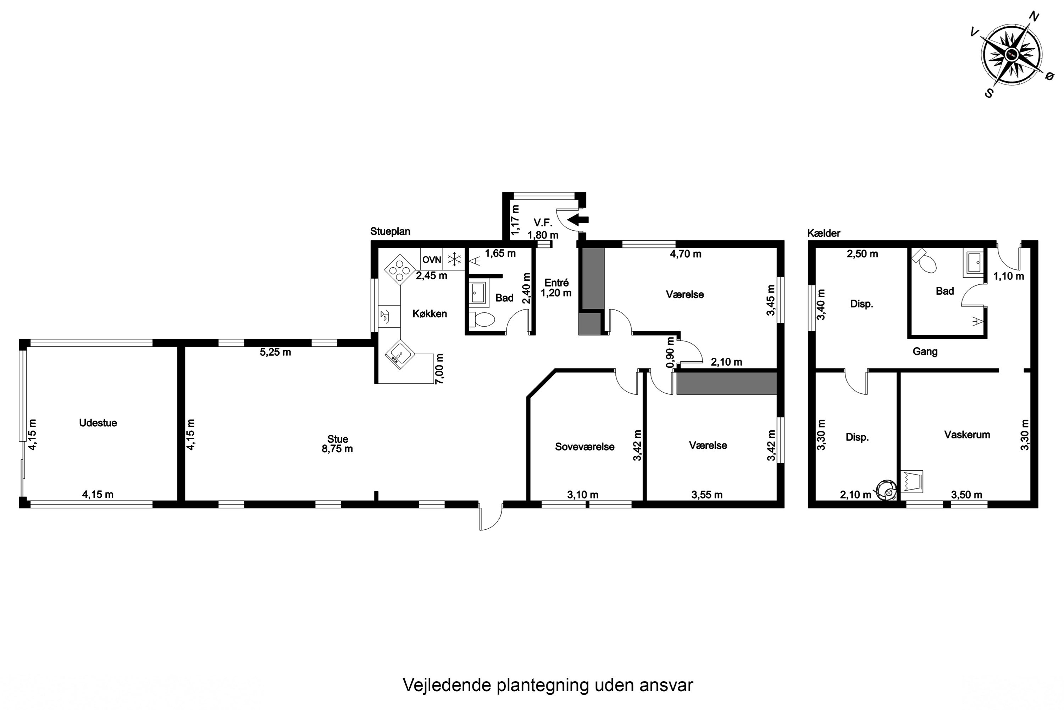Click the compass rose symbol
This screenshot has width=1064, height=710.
coord(1012,55)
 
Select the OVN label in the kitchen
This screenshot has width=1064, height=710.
coord(432,260)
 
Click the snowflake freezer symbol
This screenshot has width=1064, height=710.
coord(454,260)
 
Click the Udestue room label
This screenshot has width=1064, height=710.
coord(98,423)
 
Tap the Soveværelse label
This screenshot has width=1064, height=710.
coord(584,447)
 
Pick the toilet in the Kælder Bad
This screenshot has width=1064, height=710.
coord(925,263)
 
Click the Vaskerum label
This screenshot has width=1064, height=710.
coord(967,435)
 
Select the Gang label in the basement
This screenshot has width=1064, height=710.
coord(925,351)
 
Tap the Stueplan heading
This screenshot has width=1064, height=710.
coord(390,231)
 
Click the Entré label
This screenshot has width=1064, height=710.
coord(556,283)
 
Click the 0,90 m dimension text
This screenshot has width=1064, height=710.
coord(670,352)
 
